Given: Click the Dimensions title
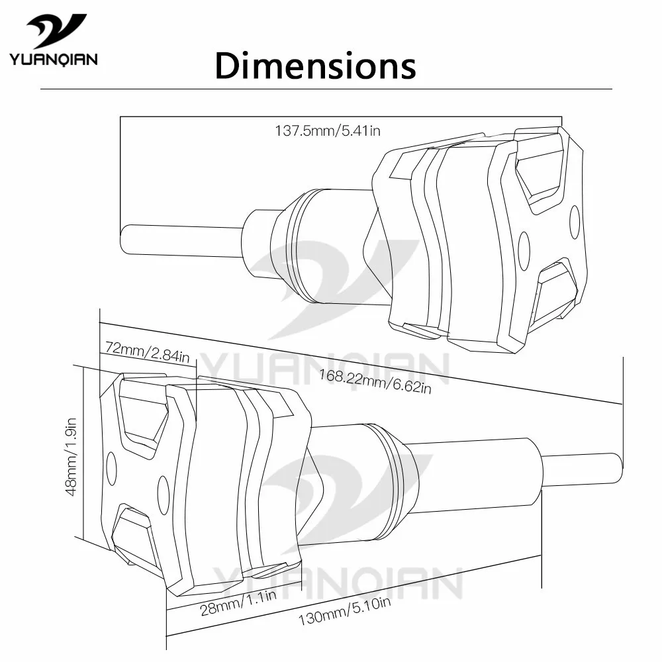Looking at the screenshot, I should pos(315,66).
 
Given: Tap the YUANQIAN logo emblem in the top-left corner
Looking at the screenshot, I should pos(56,30).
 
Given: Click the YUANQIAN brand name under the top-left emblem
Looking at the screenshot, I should pos(54,60).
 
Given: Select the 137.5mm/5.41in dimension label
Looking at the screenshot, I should pos(328,131).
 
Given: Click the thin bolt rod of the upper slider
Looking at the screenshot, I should pos(179,238).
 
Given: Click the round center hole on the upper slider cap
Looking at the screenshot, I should pos(524,247).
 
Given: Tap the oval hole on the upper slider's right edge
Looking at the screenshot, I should pos(574,222).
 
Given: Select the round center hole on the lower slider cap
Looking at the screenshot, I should pos(164,491).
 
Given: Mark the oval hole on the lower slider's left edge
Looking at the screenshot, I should pos(111,469).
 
